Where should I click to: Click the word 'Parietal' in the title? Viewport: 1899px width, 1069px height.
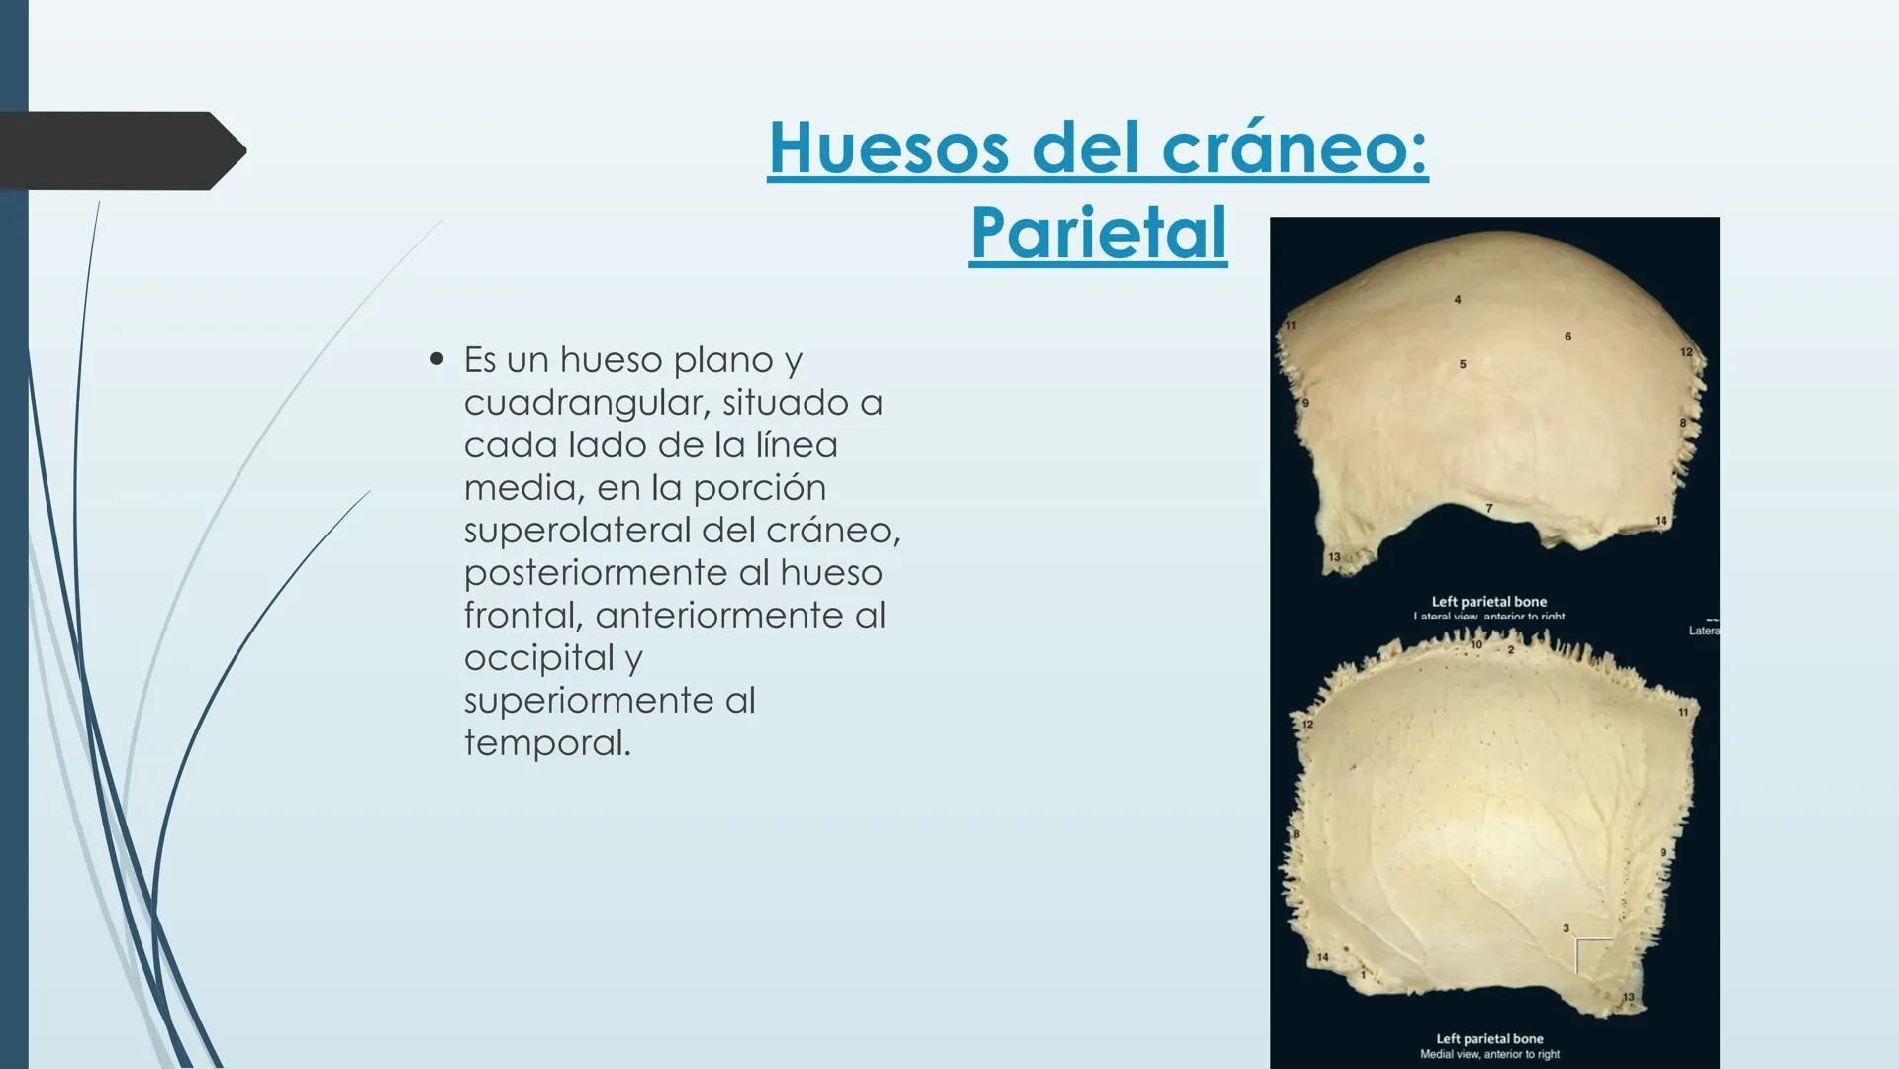(x=1097, y=234)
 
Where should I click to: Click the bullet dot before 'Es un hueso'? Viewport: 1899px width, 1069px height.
(x=436, y=359)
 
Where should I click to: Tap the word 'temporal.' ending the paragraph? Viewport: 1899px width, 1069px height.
(x=547, y=743)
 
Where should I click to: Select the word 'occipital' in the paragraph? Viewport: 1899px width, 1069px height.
(x=539, y=658)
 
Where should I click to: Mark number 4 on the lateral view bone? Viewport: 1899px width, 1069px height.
(x=1457, y=299)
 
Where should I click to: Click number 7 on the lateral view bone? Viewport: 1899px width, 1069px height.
(x=1488, y=509)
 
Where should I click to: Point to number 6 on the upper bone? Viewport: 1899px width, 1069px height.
(x=1567, y=337)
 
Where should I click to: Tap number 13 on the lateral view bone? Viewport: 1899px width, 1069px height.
(x=1333, y=557)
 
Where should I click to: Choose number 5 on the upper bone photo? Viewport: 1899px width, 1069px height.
(x=1463, y=364)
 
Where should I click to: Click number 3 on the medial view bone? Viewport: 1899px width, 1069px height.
(x=1566, y=928)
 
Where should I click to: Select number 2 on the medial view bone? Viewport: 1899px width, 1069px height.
(x=1511, y=650)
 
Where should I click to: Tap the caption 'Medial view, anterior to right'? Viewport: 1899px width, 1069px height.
(x=1489, y=1054)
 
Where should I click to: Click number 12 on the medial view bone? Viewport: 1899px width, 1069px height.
(x=1306, y=725)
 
